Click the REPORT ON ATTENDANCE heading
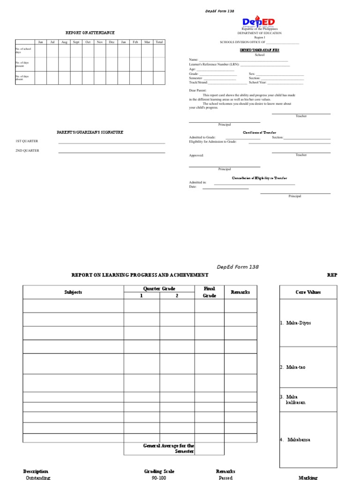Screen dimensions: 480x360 point(90,33)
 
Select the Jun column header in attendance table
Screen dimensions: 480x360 point(40,42)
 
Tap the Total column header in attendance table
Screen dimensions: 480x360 point(159,42)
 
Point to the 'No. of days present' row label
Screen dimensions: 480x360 point(22,64)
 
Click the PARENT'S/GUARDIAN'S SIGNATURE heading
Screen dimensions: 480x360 point(90,133)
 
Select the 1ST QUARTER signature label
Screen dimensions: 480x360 point(27,141)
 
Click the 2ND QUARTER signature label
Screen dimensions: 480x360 point(27,150)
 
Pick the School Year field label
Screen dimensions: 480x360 point(258,82)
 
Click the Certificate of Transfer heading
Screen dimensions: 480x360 point(259,133)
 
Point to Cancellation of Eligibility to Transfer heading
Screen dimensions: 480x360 point(260,178)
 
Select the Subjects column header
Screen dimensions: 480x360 point(73,292)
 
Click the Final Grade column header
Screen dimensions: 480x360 point(209,292)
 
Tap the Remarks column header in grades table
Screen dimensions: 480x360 point(240,292)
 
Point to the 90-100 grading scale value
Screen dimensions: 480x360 point(159,478)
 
